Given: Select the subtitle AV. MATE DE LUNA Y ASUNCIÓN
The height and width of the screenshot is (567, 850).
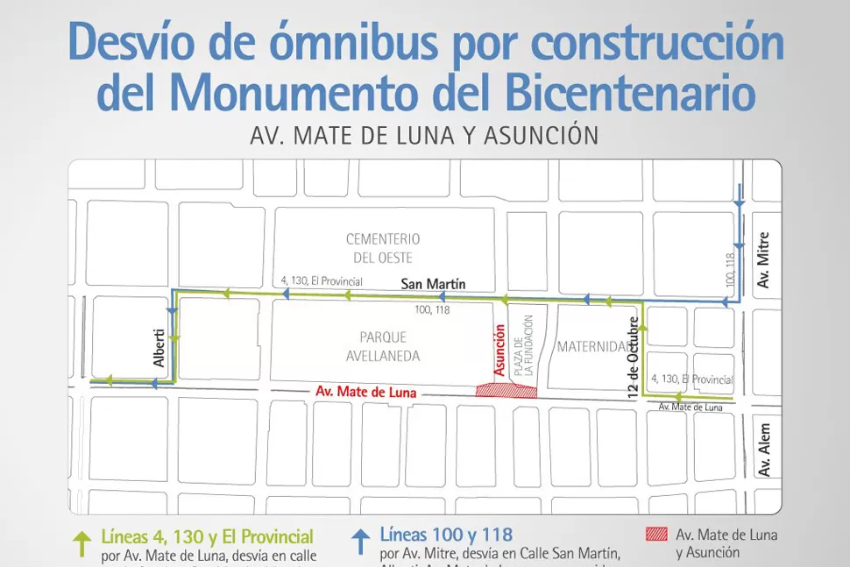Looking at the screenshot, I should coord(424,136).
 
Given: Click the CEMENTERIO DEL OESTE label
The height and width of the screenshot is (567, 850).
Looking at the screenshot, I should coord(383,248).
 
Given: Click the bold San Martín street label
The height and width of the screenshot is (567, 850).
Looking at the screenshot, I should coord(433,284).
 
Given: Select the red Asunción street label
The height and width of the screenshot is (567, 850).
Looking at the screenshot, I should coord(499,350).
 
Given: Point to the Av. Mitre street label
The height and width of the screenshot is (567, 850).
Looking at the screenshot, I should coord(764,259).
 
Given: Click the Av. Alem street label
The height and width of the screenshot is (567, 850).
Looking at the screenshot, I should coord(764,457).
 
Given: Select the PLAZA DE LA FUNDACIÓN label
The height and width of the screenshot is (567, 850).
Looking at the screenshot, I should coord(522,345).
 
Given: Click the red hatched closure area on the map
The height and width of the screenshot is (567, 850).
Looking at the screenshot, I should coord(506,390).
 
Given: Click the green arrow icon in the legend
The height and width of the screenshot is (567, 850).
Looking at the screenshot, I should coord(81,543).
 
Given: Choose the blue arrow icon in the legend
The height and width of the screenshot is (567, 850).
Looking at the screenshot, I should coord(359,542).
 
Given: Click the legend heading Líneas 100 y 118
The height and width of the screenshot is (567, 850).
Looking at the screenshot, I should coord(446,534).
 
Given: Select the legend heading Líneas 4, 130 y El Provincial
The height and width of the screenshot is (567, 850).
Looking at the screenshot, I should coord(207,535).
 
